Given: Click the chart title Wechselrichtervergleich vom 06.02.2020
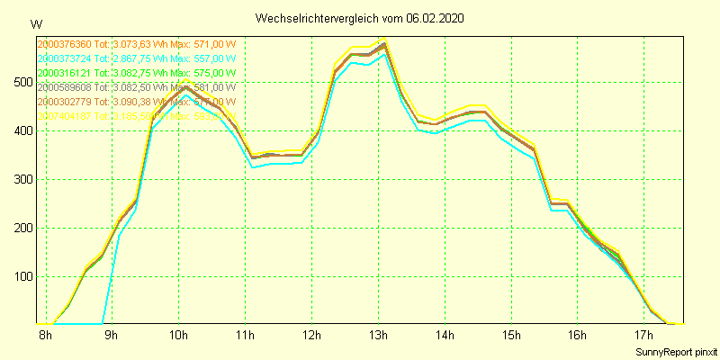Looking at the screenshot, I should (360, 18).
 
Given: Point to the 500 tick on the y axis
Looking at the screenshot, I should (22, 82).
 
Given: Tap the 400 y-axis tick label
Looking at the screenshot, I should (22, 130).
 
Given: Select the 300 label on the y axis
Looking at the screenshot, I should (22, 179).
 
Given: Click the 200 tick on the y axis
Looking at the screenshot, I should (22, 228).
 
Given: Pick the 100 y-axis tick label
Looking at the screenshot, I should (22, 276).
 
